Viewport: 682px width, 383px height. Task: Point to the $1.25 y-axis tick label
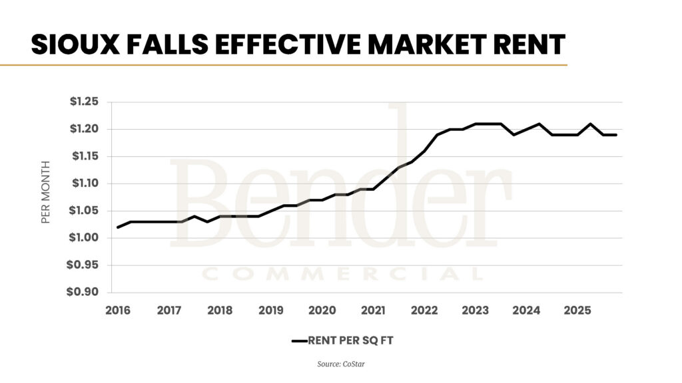(83, 102)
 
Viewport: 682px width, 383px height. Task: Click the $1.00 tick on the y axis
(83, 238)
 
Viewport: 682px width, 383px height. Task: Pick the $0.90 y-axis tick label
(83, 293)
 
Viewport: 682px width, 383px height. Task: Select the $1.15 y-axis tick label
(83, 156)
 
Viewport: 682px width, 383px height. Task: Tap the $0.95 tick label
(83, 265)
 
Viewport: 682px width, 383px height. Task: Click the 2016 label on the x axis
(117, 311)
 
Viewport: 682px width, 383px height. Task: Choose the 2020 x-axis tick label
(322, 311)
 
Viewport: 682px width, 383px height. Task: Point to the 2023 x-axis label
(476, 311)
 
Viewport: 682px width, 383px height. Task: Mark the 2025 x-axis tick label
(577, 311)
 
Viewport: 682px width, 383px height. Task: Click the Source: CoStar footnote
(340, 364)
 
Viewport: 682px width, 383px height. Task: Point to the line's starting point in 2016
(118, 227)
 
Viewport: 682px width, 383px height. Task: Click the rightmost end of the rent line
(616, 135)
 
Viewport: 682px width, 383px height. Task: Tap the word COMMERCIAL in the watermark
(342, 274)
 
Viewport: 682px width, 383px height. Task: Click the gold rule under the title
(283, 65)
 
